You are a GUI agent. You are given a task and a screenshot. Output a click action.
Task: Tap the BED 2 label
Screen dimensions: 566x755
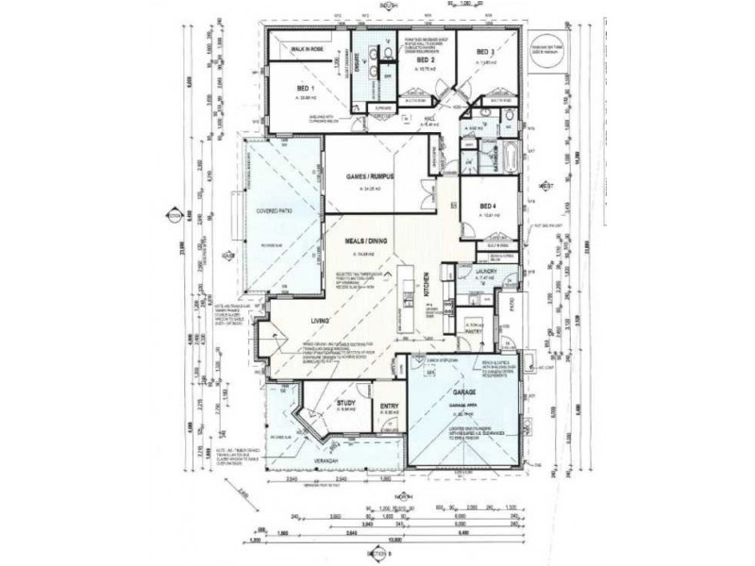click(426, 58)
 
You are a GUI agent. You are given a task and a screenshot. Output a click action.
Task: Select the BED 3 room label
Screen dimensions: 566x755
click(485, 53)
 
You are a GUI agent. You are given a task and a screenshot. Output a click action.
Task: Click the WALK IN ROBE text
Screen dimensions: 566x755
click(308, 50)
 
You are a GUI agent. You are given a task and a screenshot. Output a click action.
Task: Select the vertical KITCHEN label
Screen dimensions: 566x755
click(427, 284)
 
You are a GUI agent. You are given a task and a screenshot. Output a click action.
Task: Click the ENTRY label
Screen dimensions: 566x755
click(388, 407)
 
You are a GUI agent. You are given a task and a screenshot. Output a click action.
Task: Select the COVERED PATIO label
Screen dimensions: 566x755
click(270, 211)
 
